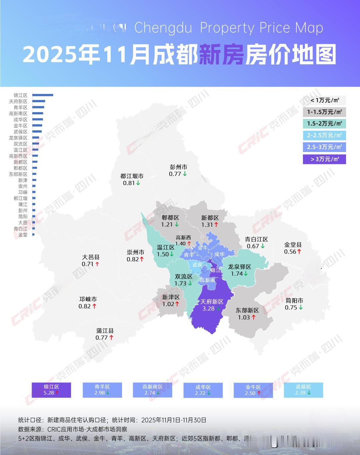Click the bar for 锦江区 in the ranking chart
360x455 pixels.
pos(43,95)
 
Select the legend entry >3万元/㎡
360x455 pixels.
pos(324,159)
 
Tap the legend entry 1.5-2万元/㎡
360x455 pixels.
pos(324,124)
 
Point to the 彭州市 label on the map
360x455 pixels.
pos(178,167)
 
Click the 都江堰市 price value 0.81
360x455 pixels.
pos(128,183)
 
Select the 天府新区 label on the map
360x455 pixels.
pos(212,302)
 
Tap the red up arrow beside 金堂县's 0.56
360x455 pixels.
pos(299,252)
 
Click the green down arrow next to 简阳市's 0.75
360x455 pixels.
pos(301,308)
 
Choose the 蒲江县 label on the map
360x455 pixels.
pos(105,331)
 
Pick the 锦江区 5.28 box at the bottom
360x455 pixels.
pos(51,390)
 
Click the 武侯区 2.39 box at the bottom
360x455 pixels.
pos(303,390)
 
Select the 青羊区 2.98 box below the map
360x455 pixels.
pos(102,390)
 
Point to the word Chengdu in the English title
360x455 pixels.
pos(163,28)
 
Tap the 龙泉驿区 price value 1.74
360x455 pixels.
pos(237,274)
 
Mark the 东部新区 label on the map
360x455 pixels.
pos(247,310)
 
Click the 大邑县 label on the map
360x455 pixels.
pos(91,257)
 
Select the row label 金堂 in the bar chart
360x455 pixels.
pos(23,235)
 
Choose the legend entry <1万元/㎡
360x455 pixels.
pos(324,100)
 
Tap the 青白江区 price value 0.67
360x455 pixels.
pos(253,246)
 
